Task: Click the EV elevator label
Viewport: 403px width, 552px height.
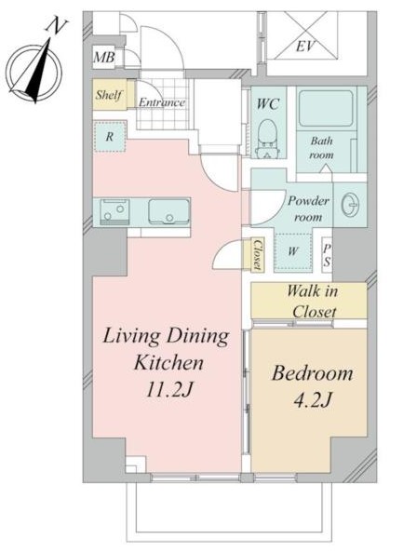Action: tap(305, 47)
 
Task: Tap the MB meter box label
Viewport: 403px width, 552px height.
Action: tap(104, 57)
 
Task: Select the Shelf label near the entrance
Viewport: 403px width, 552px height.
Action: tap(109, 95)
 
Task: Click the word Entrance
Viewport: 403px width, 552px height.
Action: tap(162, 102)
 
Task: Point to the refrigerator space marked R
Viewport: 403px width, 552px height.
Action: tap(110, 137)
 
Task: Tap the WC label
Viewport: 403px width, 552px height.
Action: tap(268, 104)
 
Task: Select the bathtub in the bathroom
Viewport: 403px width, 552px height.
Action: tap(325, 108)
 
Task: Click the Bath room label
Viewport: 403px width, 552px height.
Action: tap(321, 148)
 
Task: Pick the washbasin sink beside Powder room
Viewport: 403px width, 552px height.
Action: tap(350, 204)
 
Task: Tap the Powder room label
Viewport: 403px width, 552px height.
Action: tap(308, 209)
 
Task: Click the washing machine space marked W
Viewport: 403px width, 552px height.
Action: tap(293, 252)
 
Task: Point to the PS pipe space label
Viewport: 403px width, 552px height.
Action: tap(328, 255)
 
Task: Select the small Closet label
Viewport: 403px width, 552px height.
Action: tap(259, 254)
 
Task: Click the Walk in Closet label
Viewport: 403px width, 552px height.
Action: tap(312, 302)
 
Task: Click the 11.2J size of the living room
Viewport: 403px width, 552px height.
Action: tap(170, 389)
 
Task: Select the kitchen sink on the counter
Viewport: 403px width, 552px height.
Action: tap(168, 212)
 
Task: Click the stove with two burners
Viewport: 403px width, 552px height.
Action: tap(114, 212)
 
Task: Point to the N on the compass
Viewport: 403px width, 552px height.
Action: tap(57, 26)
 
